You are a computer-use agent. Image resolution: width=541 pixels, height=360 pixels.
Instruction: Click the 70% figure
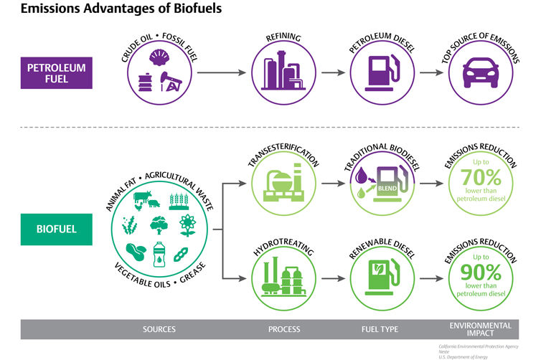[473, 196]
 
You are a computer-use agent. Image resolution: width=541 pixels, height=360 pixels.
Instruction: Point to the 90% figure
[473, 274]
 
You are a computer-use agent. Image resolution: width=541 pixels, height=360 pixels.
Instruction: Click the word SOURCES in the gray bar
[159, 330]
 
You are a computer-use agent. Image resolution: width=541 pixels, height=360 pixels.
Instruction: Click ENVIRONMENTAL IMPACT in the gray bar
[480, 330]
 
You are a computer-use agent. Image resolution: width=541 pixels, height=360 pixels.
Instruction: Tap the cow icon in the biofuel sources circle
[140, 200]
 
